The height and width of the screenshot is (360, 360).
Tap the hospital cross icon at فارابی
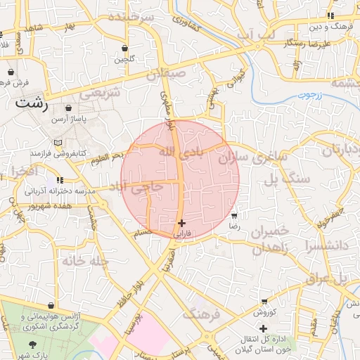(x=182, y=223)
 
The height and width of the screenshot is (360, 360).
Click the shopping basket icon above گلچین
(x=124, y=48)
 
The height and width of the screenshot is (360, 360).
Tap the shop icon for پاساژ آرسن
(x=68, y=108)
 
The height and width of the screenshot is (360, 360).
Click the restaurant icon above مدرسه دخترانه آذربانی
(x=69, y=180)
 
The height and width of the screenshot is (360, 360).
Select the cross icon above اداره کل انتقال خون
(x=263, y=328)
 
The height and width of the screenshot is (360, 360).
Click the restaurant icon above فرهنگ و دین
(x=330, y=15)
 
